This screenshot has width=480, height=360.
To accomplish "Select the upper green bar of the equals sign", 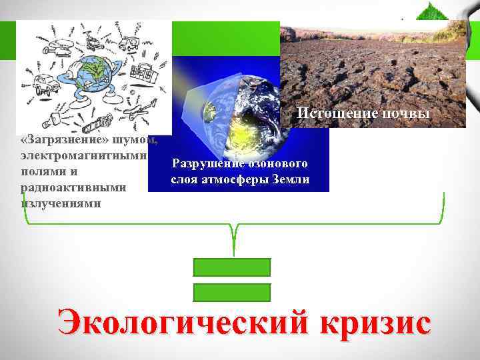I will [232, 267].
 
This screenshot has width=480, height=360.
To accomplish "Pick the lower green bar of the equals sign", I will [232, 292].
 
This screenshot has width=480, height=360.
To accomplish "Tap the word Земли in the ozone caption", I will [291, 179].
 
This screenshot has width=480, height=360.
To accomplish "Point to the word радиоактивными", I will [73, 187].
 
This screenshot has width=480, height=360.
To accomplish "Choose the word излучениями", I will [61, 203].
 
